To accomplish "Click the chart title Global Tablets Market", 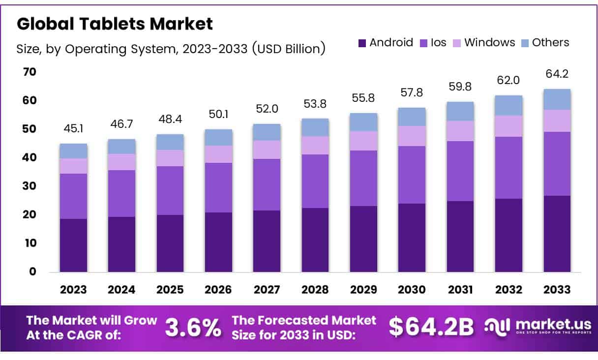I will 115,24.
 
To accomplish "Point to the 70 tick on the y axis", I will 30,72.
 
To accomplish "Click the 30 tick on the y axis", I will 30,186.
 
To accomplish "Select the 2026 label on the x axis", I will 218,290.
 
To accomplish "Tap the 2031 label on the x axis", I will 460,290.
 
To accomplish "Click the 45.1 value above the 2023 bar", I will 73,128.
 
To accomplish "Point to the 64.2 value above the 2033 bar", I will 557,74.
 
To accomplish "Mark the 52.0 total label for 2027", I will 267,109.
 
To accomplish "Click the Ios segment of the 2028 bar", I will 315,181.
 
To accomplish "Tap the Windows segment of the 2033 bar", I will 557,120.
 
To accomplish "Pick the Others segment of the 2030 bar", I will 412,117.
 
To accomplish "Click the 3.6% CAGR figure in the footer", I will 193,328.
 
